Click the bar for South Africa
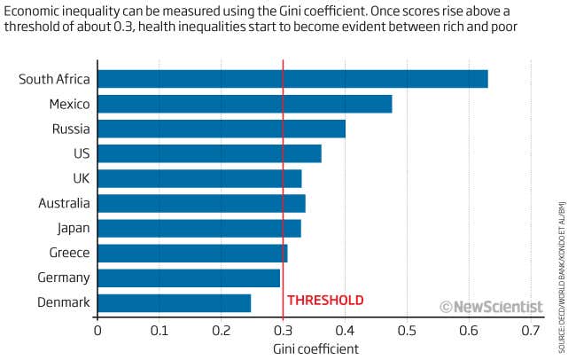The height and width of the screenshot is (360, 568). [292, 79]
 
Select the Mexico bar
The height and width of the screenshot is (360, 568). [245, 104]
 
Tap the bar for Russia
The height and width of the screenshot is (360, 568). [222, 129]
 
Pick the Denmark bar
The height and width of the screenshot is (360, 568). [174, 303]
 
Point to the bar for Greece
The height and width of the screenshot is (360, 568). [192, 254]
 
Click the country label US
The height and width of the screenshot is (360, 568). [82, 153]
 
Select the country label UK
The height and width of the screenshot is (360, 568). [81, 178]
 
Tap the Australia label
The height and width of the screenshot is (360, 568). [64, 203]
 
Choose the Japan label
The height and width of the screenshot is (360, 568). [72, 228]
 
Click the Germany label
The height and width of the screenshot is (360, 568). [65, 278]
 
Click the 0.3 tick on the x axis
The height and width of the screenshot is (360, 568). [283, 331]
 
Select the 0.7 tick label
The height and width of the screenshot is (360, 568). [530, 331]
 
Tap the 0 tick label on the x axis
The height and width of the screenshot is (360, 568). [97, 331]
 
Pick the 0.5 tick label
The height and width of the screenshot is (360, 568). [407, 331]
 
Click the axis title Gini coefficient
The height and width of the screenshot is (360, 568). [314, 349]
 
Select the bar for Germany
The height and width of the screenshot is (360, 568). [189, 278]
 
